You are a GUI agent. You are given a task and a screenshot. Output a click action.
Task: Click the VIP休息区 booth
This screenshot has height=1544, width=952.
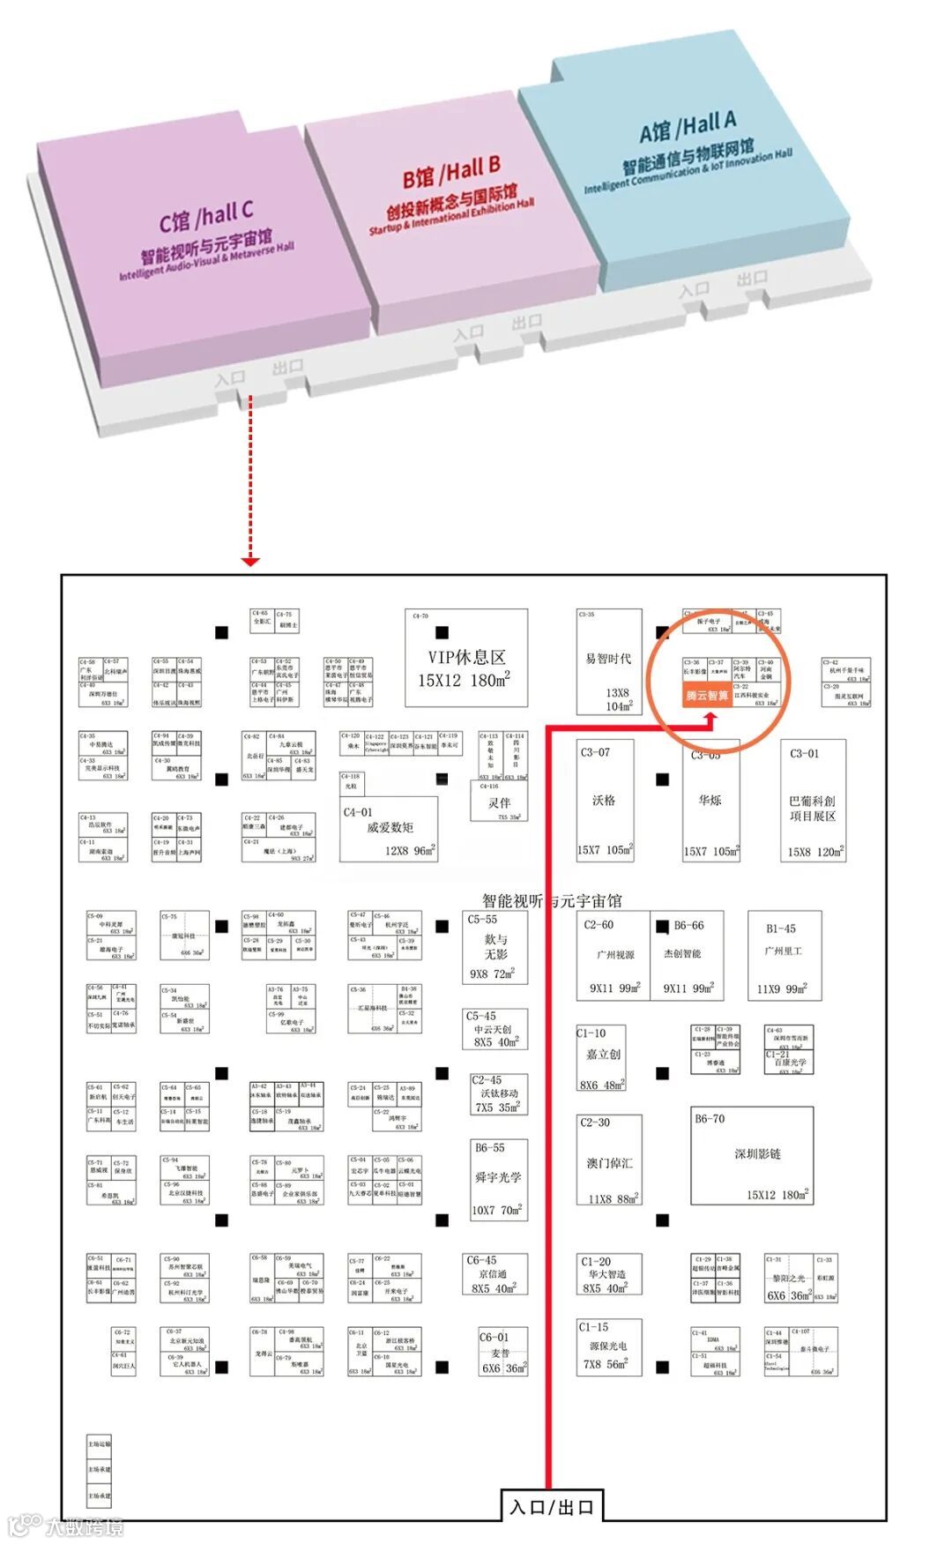click(465, 658)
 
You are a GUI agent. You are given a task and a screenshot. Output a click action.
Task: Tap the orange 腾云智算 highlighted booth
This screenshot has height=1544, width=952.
click(707, 696)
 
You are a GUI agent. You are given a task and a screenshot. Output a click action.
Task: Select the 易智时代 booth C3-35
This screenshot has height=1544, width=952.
click(608, 661)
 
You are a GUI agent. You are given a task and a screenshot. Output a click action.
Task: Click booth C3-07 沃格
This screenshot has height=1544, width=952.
click(604, 801)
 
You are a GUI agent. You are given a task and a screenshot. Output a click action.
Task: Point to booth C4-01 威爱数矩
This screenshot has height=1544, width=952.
click(390, 829)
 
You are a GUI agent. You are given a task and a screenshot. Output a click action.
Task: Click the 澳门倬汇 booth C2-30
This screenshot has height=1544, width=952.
click(609, 1160)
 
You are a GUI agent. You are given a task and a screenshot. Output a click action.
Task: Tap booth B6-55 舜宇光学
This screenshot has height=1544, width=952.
click(498, 1178)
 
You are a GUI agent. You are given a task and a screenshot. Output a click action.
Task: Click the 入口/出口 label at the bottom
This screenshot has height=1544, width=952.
click(552, 1506)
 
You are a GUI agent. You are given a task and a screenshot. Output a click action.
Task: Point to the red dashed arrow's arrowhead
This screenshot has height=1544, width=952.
click(250, 561)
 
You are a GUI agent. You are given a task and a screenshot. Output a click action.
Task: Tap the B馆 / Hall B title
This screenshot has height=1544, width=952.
click(451, 170)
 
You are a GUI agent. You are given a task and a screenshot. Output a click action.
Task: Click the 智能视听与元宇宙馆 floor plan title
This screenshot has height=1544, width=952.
click(552, 900)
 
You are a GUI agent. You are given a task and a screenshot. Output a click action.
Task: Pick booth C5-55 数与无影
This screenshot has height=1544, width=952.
click(495, 948)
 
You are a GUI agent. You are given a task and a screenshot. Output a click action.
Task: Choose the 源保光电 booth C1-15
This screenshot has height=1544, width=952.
click(608, 1346)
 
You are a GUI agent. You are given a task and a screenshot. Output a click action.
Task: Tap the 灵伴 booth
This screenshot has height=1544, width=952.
click(500, 802)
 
